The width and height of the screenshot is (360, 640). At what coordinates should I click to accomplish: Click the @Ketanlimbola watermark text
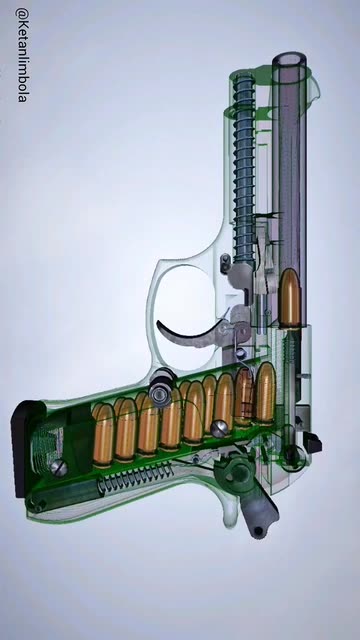pyautogui.click(x=23, y=55)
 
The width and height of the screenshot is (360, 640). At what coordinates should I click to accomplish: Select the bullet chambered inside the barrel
pyautogui.click(x=290, y=298)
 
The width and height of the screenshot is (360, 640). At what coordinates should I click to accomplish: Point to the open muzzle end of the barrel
pyautogui.click(x=289, y=59)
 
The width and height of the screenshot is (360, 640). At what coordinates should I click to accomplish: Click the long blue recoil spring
pyautogui.click(x=245, y=167)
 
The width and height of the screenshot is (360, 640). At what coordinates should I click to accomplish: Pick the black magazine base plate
pyautogui.click(x=24, y=448)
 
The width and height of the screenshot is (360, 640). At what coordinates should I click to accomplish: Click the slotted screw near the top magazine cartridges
pyautogui.click(x=220, y=429)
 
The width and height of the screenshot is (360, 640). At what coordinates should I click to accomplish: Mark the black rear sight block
pyautogui.click(x=312, y=443)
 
